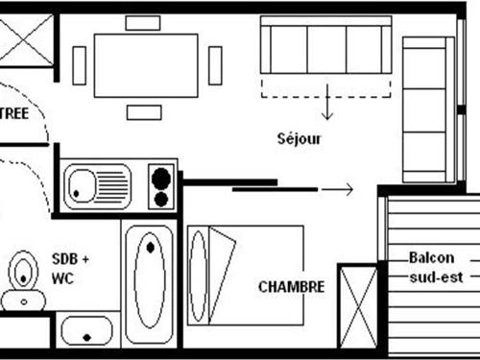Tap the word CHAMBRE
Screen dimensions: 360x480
pos(291,286)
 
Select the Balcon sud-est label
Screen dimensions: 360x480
pos(435,267)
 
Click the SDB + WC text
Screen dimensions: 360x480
pos(70,268)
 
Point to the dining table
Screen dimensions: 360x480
pos(146,64)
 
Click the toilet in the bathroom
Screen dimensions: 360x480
pos(21,276)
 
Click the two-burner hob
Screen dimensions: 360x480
pos(160,186)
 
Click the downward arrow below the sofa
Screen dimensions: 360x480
pos(326,105)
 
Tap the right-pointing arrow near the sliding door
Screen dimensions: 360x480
pos(336,190)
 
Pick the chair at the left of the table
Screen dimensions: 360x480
pos(80,65)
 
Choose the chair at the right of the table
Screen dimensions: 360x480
pos(215,65)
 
